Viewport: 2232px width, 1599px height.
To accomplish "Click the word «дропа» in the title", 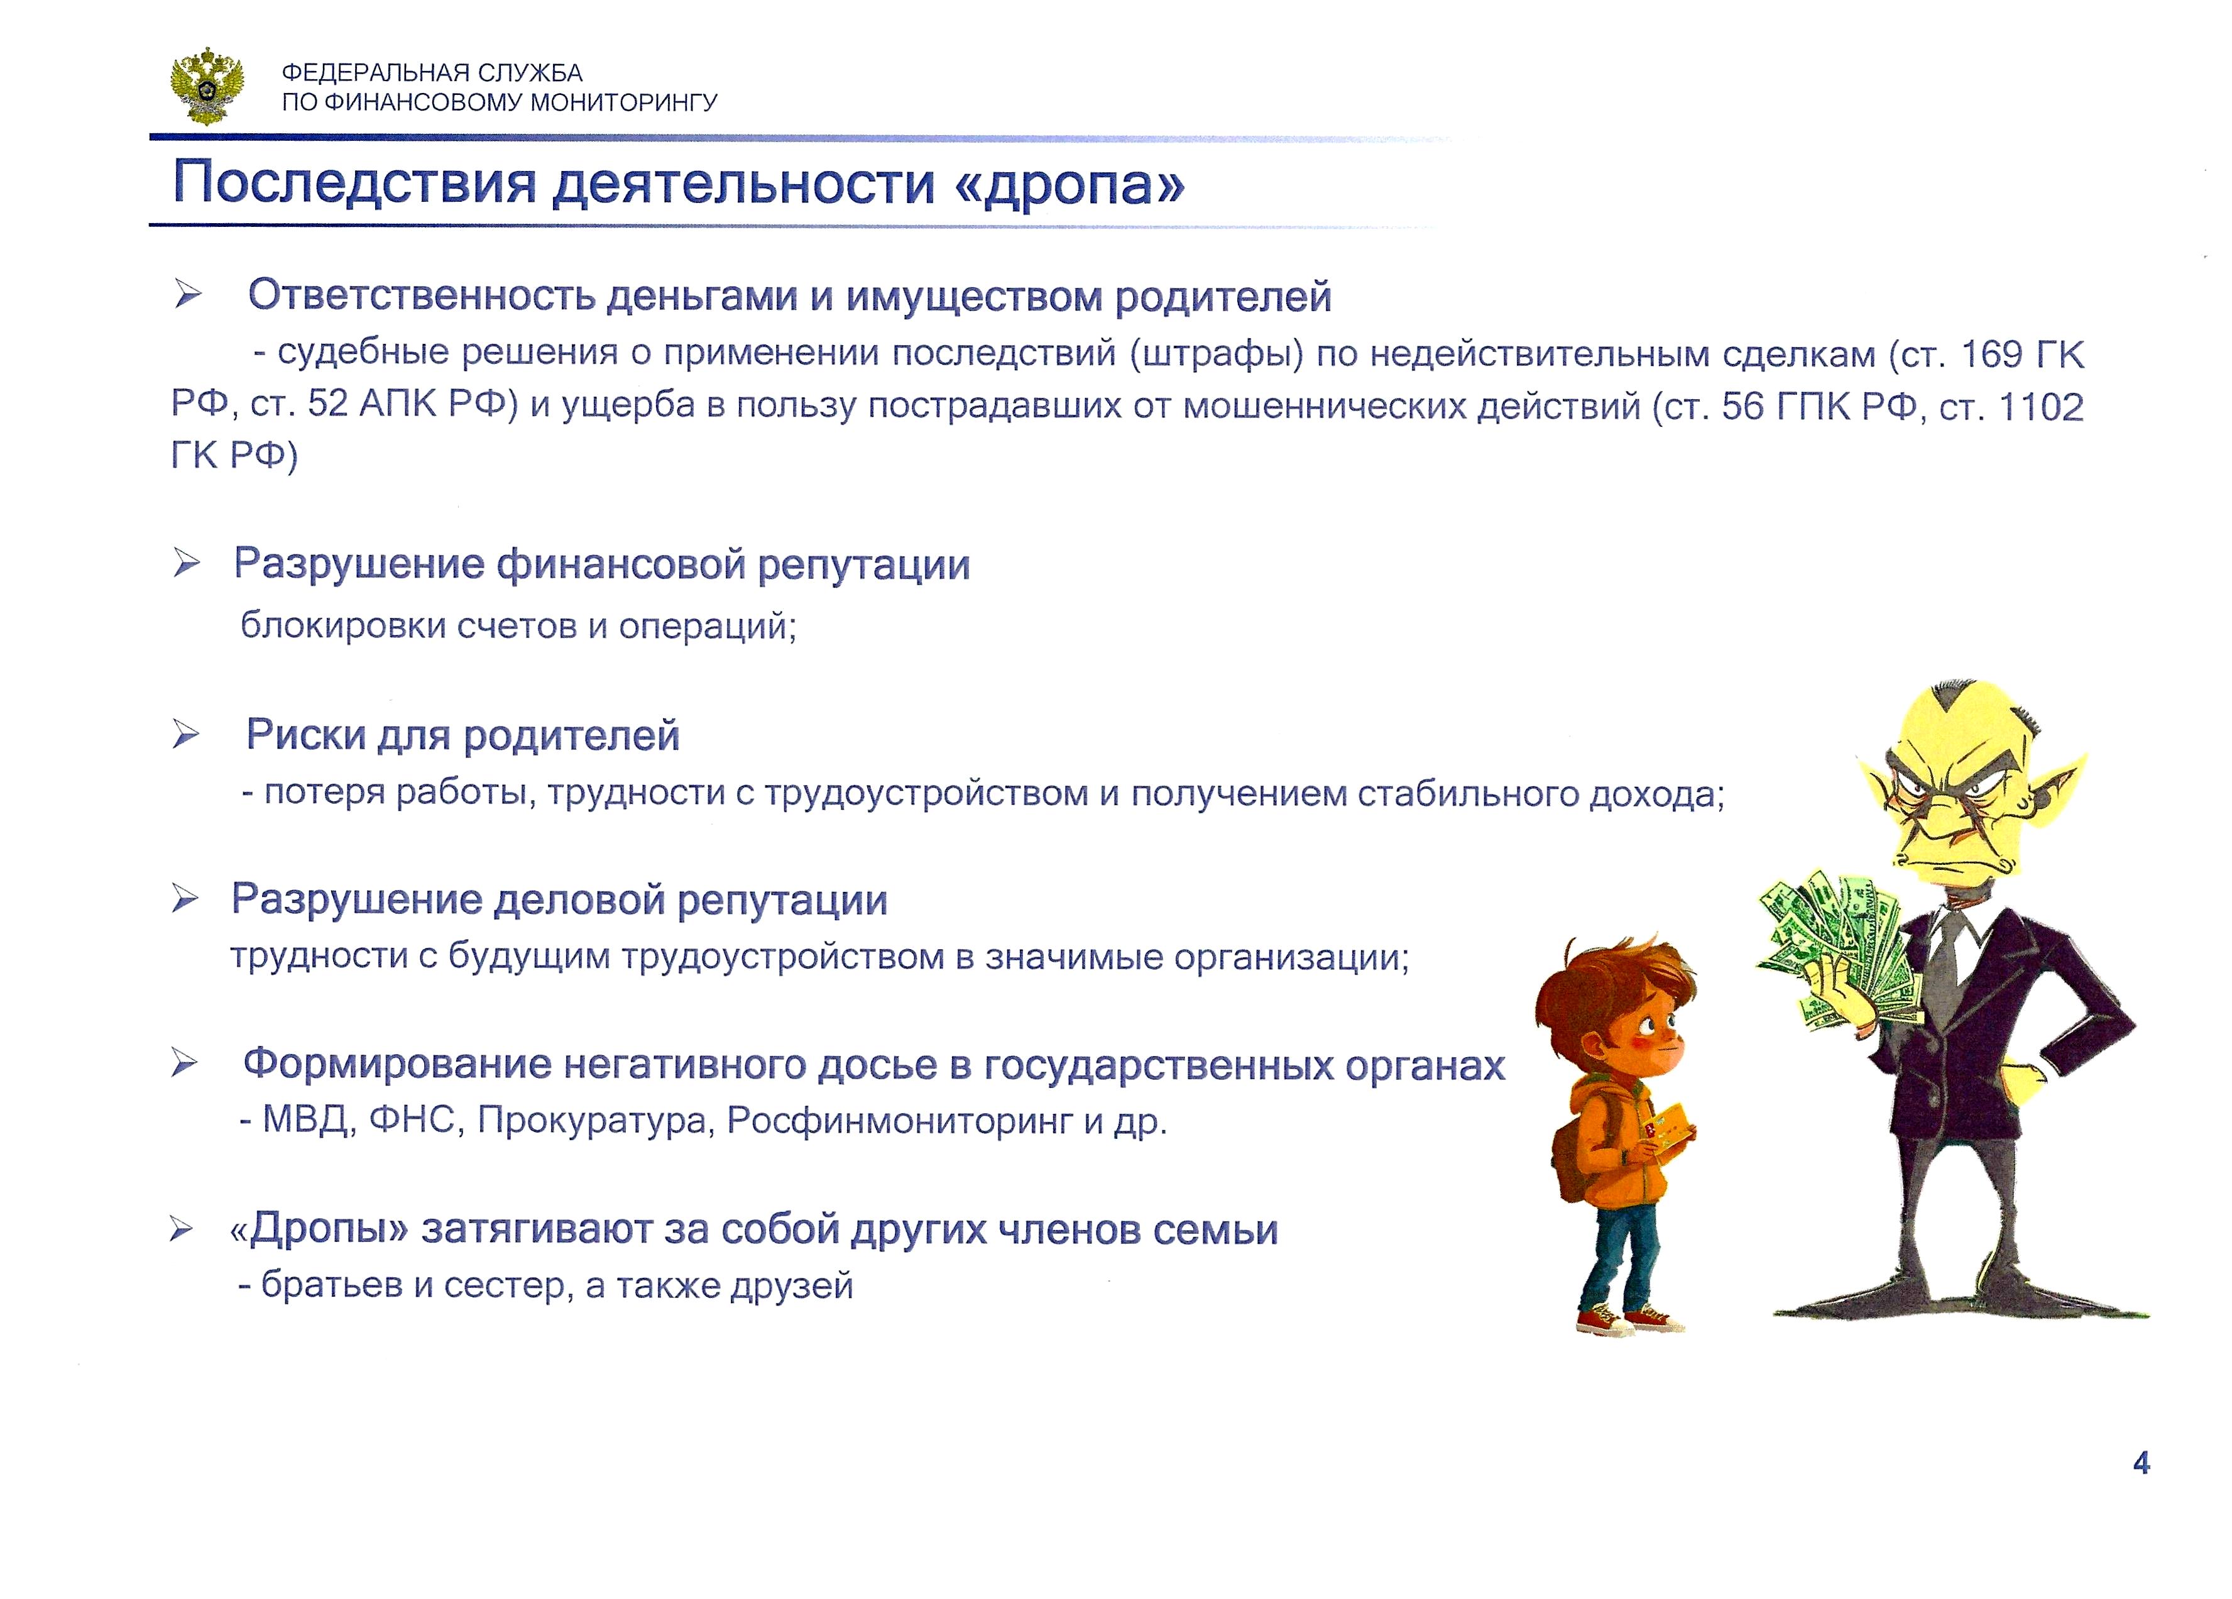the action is (1069, 184).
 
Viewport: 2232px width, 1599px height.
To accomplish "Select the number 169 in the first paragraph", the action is (1990, 354).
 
